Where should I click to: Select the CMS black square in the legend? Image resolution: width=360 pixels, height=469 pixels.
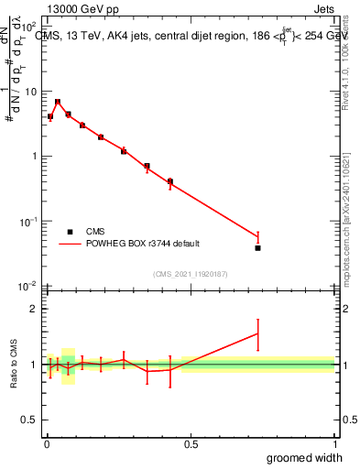(70, 232)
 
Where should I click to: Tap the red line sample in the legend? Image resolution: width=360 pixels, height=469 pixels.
(70, 244)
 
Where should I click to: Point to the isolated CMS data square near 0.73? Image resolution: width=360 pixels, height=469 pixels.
(258, 247)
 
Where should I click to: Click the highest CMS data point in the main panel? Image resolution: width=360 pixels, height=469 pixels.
(58, 102)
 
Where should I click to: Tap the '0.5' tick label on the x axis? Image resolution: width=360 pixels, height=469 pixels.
(190, 444)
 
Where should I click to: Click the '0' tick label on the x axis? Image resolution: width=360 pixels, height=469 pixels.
(46, 444)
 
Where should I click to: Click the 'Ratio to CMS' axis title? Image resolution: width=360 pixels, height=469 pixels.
(13, 365)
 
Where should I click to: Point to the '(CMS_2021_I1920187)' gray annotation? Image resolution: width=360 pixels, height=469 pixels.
(190, 273)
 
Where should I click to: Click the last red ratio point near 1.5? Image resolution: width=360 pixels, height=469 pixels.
(258, 334)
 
